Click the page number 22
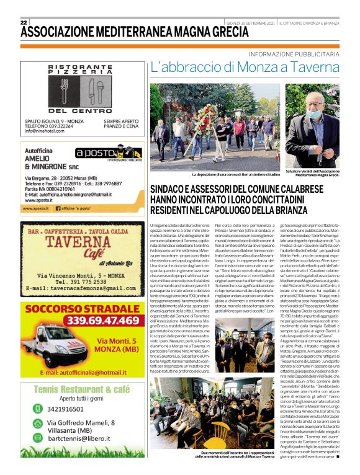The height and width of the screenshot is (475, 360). [x=24, y=22]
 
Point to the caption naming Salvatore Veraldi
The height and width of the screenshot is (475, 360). [x=317, y=173]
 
